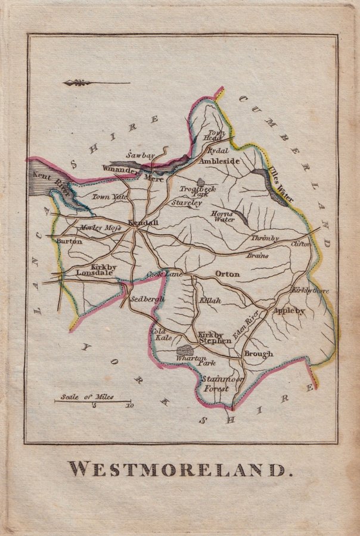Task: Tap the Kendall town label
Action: click(x=144, y=222)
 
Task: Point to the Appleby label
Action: click(x=288, y=310)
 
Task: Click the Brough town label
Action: click(x=258, y=354)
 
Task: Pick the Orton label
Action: click(x=226, y=274)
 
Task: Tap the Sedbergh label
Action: click(x=146, y=298)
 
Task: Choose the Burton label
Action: click(x=69, y=241)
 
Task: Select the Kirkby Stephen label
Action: click(x=215, y=338)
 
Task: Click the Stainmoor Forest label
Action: click(x=218, y=384)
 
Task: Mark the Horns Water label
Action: click(x=223, y=216)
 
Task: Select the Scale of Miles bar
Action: click(x=92, y=401)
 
